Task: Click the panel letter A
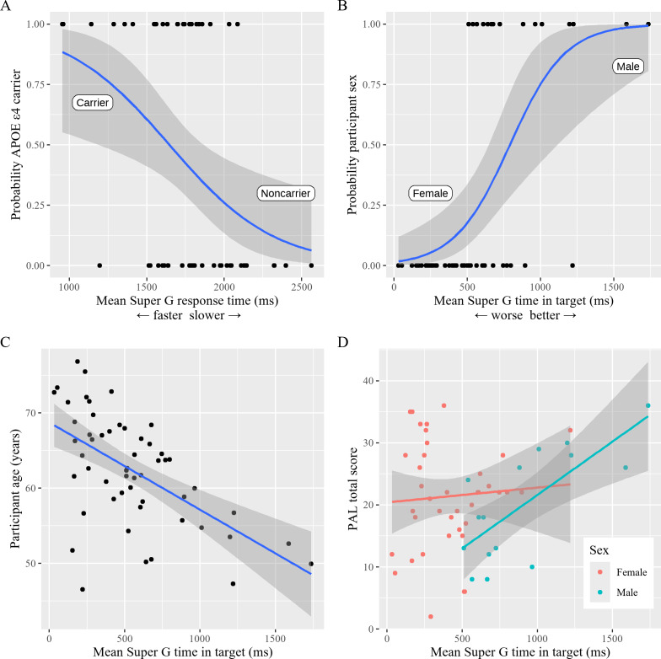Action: tap(7, 7)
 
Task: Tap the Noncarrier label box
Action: tap(286, 194)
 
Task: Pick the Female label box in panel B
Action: tap(431, 194)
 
